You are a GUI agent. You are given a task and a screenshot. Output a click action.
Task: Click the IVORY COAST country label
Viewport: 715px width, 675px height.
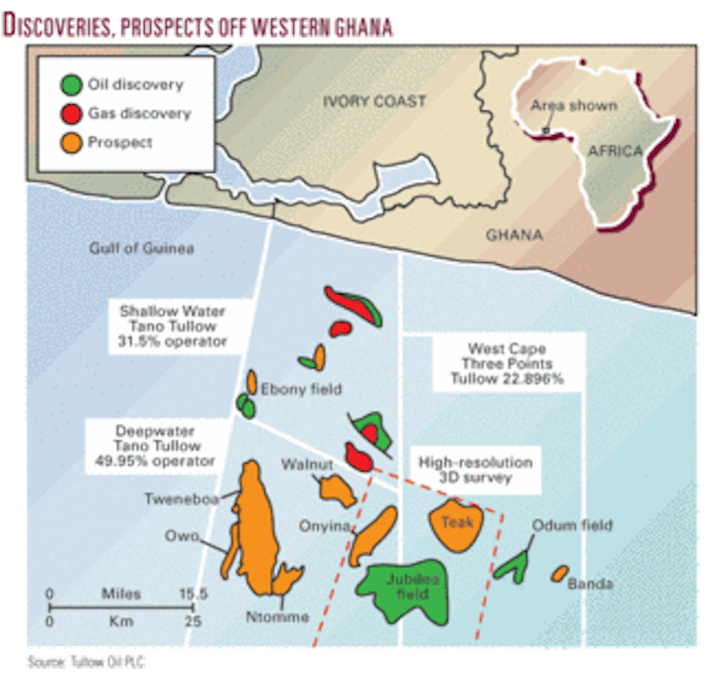[x=375, y=101]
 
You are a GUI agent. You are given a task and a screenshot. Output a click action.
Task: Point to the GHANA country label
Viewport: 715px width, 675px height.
[x=514, y=235]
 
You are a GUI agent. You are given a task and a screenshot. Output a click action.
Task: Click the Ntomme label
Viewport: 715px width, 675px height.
[x=278, y=617]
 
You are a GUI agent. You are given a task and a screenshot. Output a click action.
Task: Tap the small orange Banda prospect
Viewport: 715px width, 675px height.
[x=560, y=574]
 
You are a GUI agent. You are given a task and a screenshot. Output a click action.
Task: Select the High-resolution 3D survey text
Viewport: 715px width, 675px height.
[x=476, y=470]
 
